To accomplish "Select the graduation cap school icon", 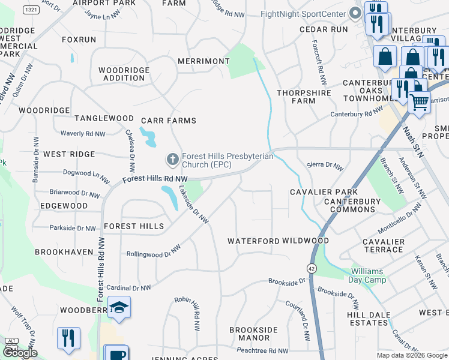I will (119, 308).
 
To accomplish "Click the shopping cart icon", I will (419, 101).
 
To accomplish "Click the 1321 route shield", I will (31, 10).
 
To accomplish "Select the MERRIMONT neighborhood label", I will (203, 61).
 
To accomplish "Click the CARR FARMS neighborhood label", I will (169, 121).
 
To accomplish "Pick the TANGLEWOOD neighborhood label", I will (104, 118).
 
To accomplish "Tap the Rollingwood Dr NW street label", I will (154, 251).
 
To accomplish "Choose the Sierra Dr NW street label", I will (325, 166).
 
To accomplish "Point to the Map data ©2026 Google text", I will (411, 355).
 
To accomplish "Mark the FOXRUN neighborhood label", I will (79, 40).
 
